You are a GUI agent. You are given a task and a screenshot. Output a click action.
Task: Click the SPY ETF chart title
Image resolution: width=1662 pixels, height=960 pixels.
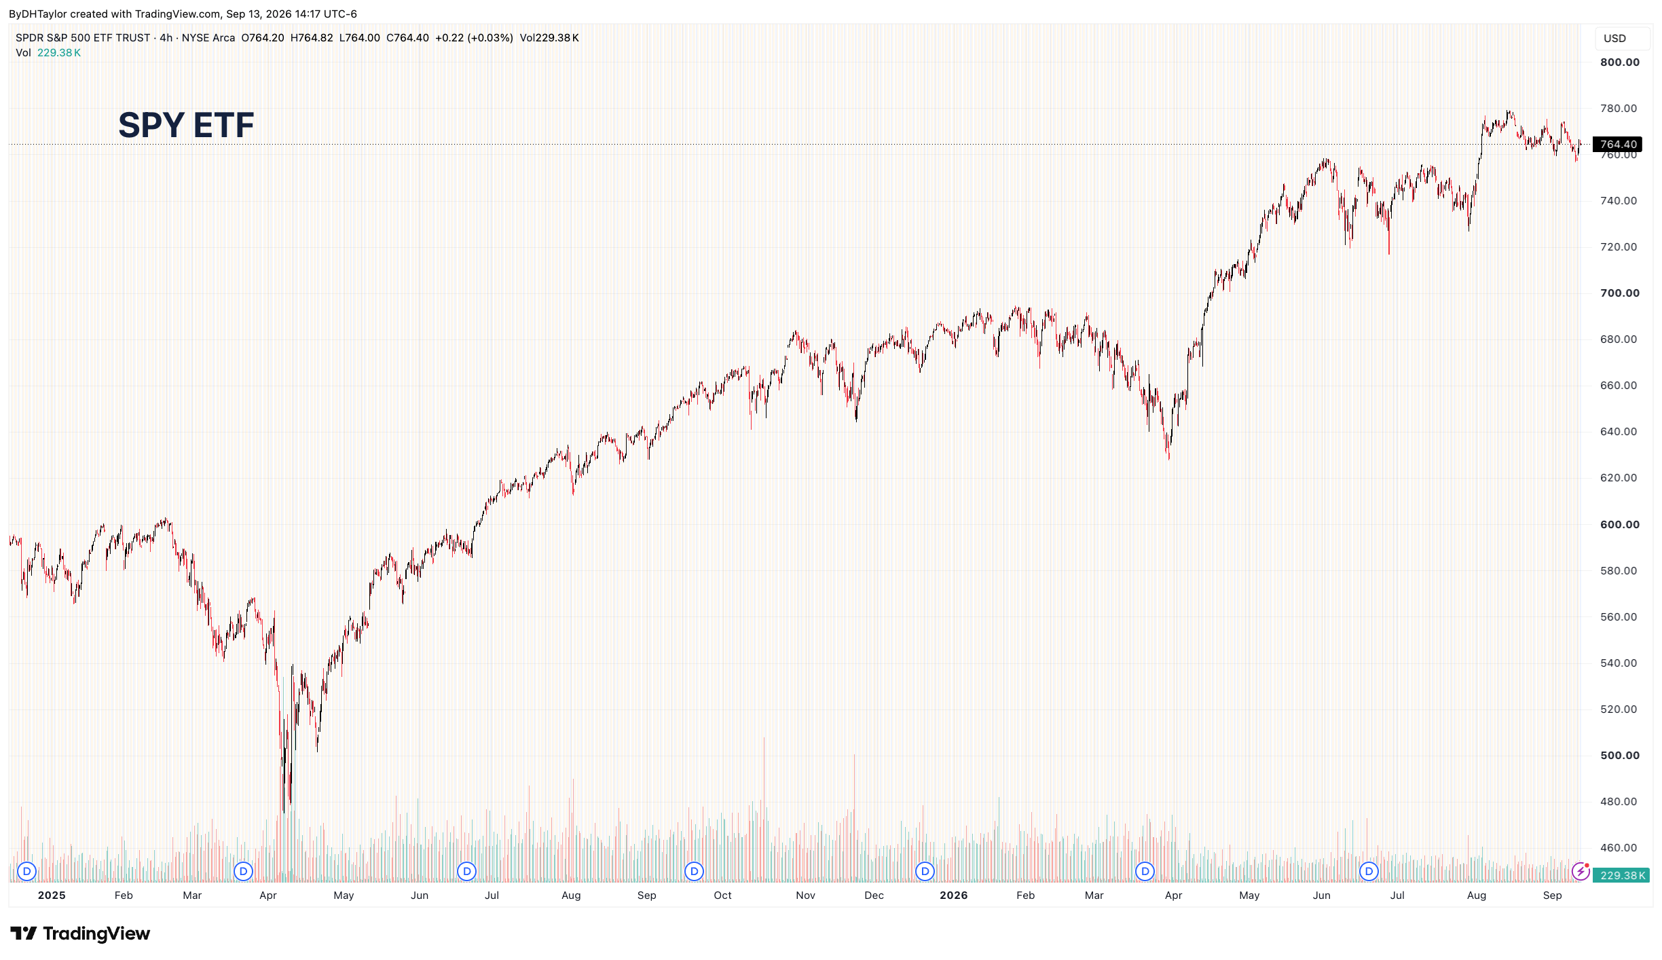click(186, 125)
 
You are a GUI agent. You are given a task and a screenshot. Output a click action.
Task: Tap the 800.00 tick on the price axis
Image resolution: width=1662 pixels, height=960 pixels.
click(1619, 62)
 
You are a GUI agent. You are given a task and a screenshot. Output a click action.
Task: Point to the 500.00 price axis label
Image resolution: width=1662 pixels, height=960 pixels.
click(1619, 755)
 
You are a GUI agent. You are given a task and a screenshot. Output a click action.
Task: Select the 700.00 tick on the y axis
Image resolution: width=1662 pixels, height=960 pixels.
click(1619, 293)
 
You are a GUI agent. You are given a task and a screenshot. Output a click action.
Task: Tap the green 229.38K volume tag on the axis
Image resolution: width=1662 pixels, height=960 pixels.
click(1621, 875)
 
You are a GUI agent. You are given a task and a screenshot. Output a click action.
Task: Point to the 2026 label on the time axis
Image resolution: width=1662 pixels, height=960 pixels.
click(953, 896)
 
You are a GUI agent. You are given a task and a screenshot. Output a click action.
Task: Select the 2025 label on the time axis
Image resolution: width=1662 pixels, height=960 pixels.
click(52, 896)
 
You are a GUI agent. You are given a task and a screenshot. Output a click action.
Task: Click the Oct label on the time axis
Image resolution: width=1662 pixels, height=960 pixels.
click(722, 896)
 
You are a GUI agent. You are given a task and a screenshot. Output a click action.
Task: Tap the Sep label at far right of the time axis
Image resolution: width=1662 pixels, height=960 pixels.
click(1552, 896)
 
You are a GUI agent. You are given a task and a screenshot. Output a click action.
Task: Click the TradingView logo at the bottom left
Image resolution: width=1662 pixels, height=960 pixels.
click(80, 934)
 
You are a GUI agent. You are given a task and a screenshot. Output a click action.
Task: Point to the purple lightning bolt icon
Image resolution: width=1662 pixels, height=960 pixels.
click(1581, 871)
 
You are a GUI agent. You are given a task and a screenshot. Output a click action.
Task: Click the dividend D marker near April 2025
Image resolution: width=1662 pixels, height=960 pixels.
click(243, 871)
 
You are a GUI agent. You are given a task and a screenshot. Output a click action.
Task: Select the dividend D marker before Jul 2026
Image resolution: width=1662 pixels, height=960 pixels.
click(1369, 871)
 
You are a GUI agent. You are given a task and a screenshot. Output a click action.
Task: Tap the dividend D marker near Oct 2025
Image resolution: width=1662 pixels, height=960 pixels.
click(694, 871)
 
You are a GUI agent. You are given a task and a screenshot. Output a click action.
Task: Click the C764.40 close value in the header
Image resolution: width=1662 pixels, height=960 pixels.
click(407, 38)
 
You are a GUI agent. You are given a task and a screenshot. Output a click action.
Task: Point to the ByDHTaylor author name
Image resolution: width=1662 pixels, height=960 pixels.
click(38, 14)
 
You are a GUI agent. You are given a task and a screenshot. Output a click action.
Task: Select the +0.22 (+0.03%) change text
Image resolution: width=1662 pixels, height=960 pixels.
click(474, 38)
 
